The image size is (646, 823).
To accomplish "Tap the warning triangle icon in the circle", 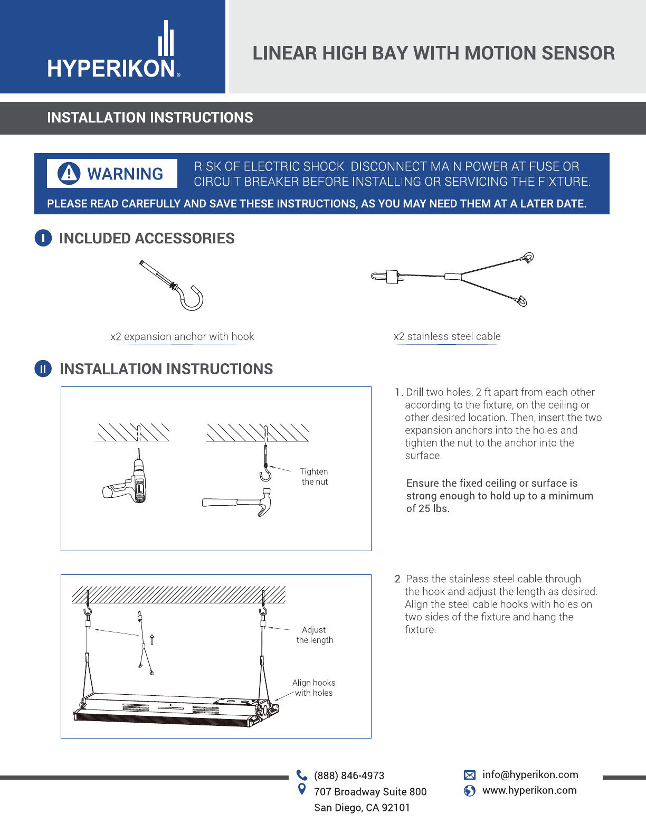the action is coord(69,174).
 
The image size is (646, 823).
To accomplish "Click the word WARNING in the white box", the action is coord(125,174).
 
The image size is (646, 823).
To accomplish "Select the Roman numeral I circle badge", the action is coord(43,238).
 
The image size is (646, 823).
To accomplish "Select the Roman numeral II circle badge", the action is coord(43,368).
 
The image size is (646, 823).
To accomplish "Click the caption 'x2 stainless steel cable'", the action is coord(447,336).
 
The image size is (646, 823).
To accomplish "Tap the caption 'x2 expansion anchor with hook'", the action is coord(182,337).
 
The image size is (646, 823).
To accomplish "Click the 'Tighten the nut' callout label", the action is coord(314,477).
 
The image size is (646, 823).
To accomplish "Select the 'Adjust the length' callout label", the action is coord(315,635).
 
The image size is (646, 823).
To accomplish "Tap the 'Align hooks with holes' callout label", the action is coord(313,687).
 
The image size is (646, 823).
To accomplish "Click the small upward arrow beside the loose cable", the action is coord(152,639).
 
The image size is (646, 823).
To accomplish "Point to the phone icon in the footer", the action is coord(302,775).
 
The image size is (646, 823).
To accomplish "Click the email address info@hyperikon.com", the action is coord(530,774).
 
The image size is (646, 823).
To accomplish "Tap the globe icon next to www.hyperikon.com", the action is coord(470,791).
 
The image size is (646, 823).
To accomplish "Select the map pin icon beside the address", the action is coord(302,789).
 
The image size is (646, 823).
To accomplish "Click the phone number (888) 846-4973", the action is coord(349,775).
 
